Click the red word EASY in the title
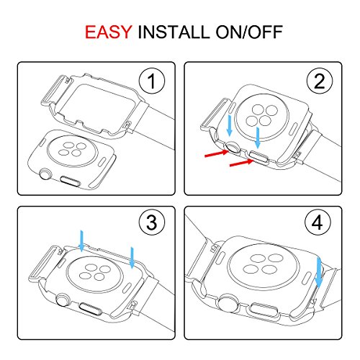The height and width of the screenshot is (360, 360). click(x=109, y=32)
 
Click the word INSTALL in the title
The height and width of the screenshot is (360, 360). click(x=174, y=32)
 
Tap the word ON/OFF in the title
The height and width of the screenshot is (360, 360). click(x=249, y=32)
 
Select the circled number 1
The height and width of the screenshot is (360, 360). click(x=152, y=81)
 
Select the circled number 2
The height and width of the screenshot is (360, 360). click(x=320, y=81)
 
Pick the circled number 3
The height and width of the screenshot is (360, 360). click(x=152, y=222)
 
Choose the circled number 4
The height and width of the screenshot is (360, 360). click(x=318, y=222)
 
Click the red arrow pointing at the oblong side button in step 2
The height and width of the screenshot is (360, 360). click(x=242, y=163)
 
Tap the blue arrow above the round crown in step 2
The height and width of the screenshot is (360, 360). click(x=230, y=125)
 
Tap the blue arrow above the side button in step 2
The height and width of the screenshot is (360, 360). click(x=258, y=138)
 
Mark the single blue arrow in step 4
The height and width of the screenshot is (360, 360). click(x=319, y=272)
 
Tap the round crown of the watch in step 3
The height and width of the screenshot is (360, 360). click(x=63, y=300)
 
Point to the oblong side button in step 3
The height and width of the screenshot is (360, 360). click(x=90, y=309)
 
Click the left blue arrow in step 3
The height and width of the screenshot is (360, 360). click(x=81, y=241)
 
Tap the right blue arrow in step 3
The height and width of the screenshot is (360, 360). click(x=132, y=258)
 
